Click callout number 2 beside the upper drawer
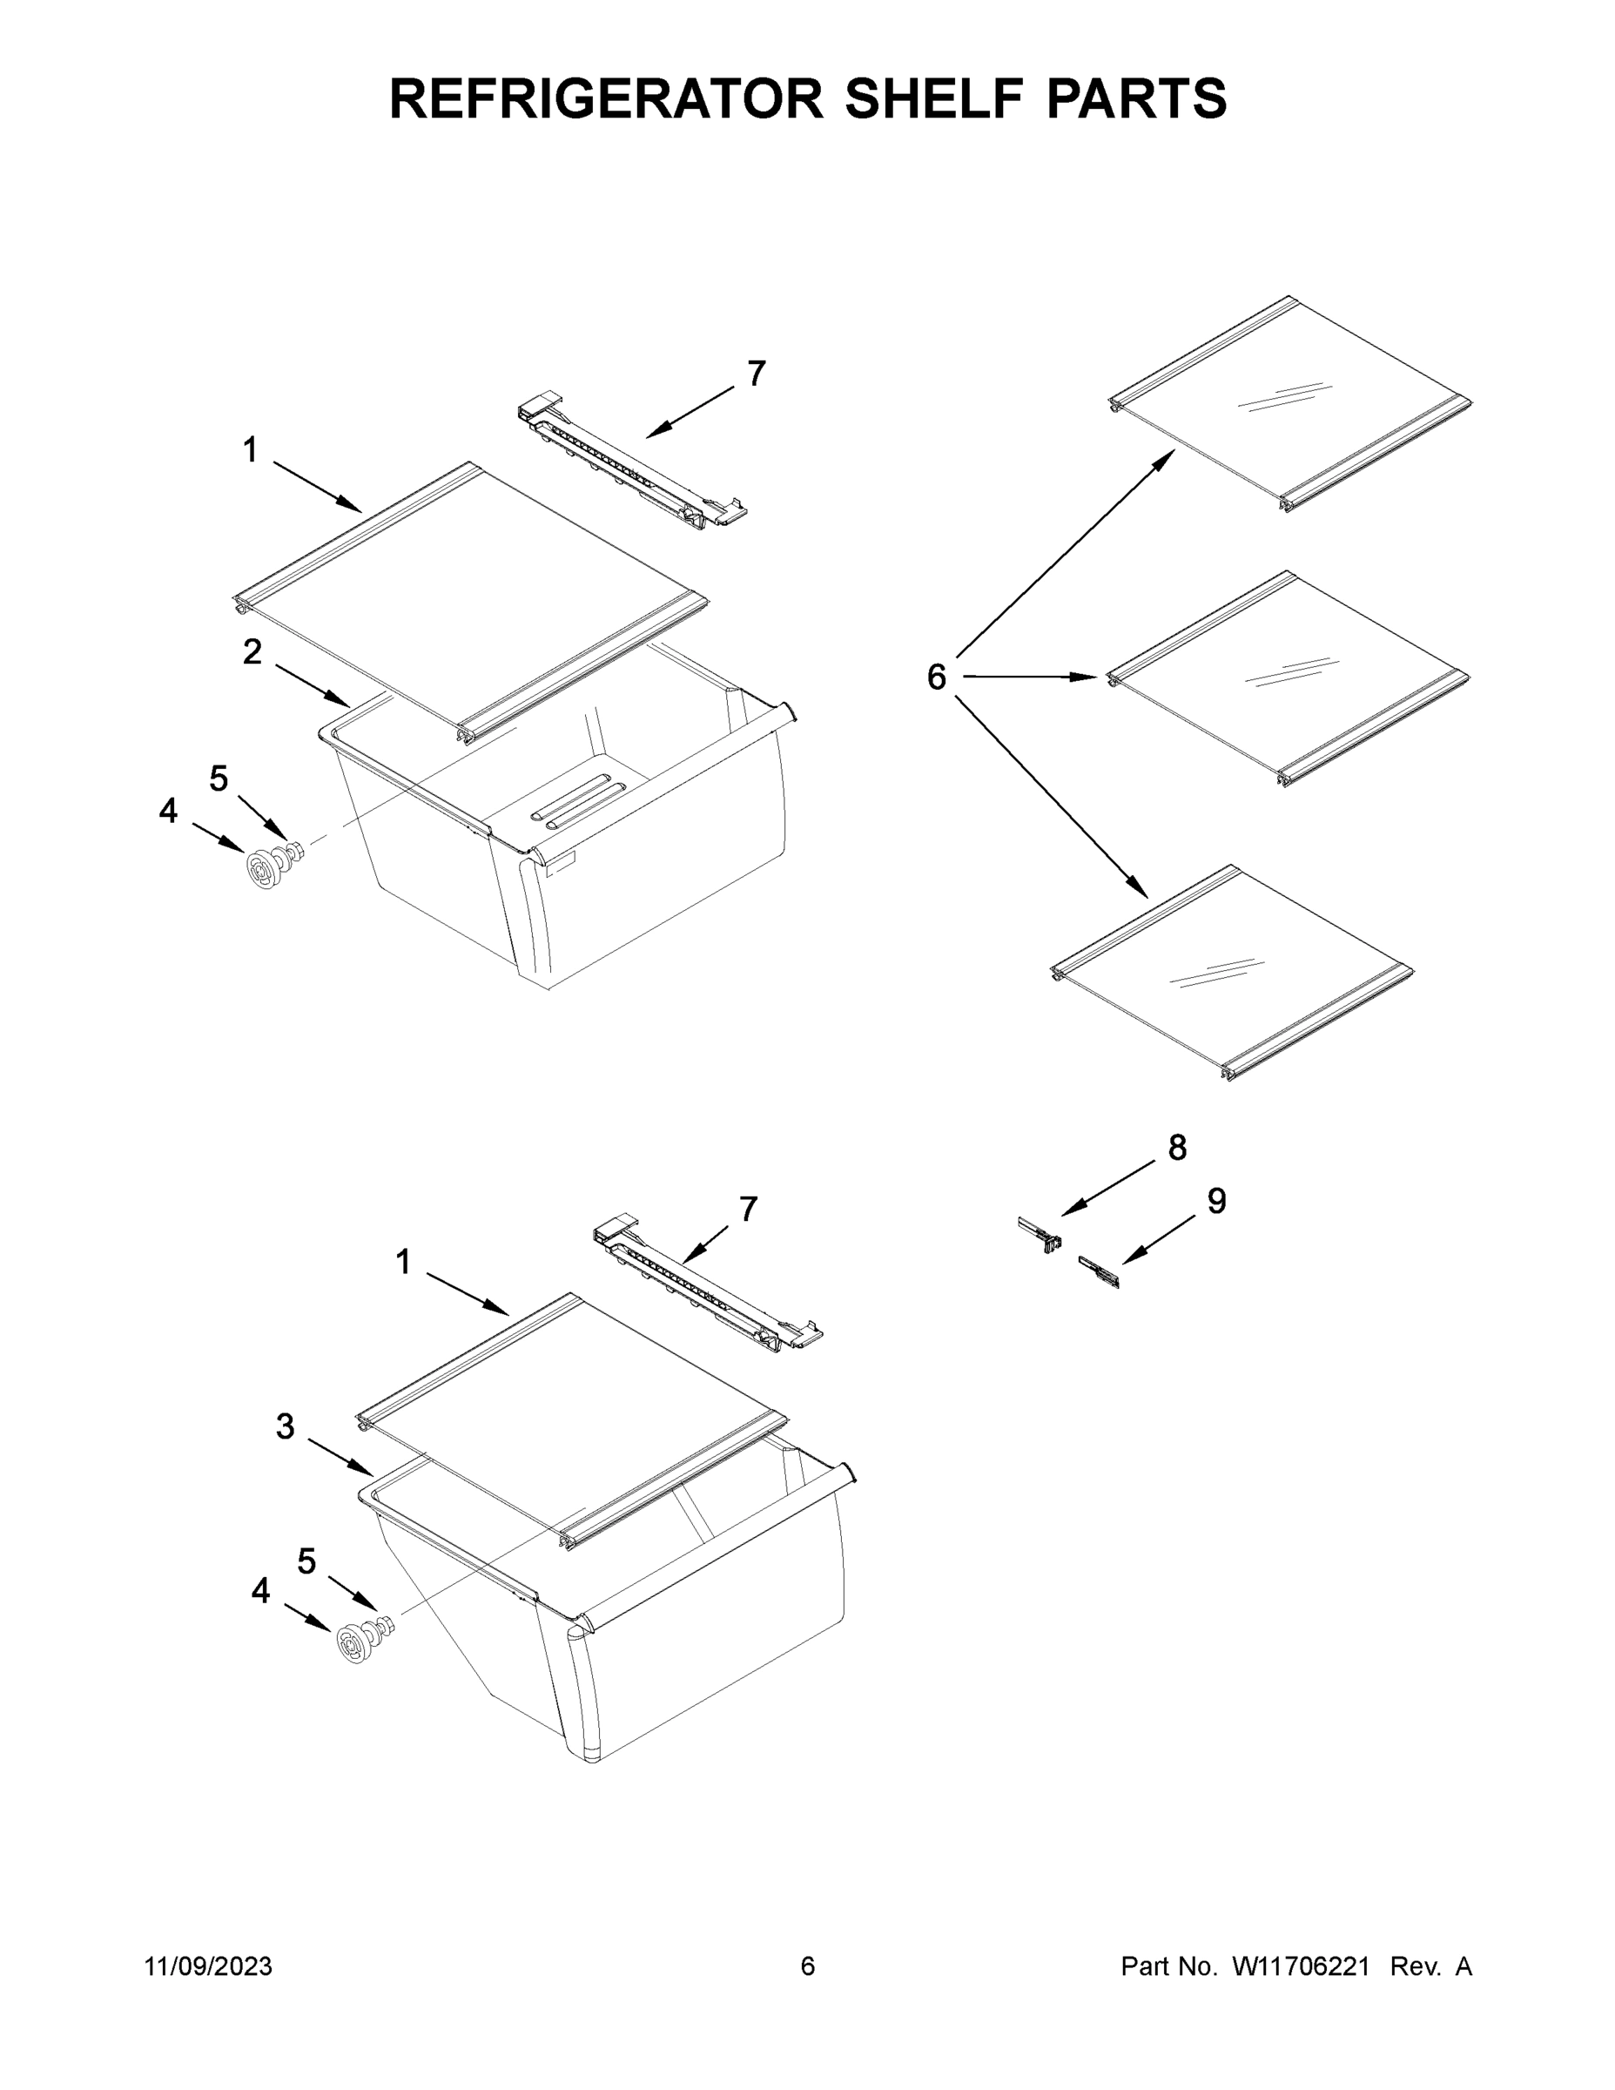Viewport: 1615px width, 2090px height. (252, 652)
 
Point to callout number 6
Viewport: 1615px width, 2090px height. (937, 678)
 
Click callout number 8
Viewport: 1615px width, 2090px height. (1177, 1148)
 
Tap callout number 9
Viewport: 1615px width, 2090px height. (1216, 1201)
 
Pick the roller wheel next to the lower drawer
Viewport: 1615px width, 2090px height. (355, 1645)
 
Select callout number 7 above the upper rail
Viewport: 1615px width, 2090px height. (756, 374)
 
